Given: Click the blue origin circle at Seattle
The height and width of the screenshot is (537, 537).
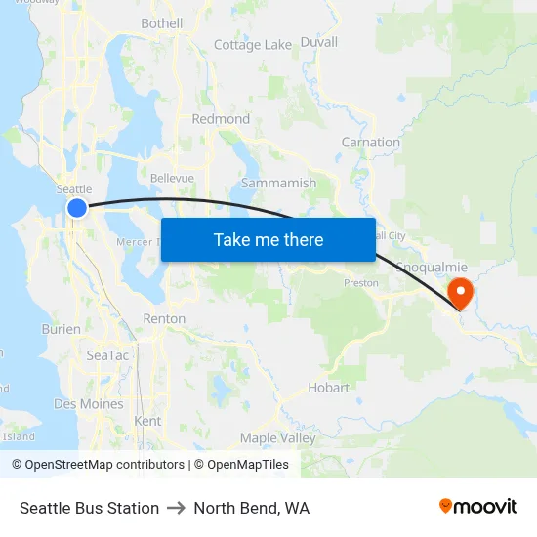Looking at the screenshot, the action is coord(77,207).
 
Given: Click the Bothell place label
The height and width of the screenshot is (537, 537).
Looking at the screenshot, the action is coord(162,23).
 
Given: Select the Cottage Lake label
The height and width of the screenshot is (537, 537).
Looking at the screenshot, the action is coord(253,45).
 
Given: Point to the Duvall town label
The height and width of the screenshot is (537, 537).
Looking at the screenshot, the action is coord(319,42).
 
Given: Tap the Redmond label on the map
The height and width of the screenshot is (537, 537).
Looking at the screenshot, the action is coord(222,119).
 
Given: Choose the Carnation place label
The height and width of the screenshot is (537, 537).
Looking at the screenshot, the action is coord(371,143).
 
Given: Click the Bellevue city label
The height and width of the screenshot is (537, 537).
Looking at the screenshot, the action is coord(172,178).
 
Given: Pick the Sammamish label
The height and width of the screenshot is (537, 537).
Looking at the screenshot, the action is coord(278,183).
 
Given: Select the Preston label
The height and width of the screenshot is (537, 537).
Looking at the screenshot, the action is coord(361,283).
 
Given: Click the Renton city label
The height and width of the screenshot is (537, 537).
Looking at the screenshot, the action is coord(164,319).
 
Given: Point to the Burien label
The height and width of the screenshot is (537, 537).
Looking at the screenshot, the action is coord(62,330).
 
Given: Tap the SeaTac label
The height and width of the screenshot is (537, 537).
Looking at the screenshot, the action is coord(107,356).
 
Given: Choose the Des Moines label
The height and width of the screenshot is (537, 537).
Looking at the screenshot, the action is coord(89,404).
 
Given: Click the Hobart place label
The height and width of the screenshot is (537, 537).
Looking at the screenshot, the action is coord(328,388).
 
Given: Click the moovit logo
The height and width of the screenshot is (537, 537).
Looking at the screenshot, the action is coord(478,506).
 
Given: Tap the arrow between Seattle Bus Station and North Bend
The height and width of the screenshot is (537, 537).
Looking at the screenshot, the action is coord(177,508).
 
